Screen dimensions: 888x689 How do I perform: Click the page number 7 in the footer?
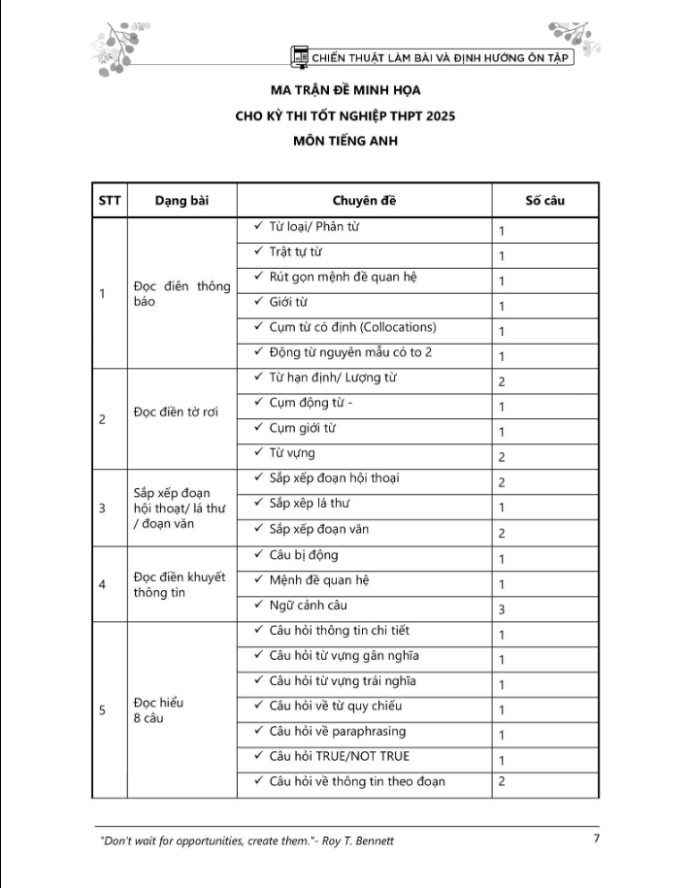pos(597,838)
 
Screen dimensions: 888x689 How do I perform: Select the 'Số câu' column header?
pos(544,201)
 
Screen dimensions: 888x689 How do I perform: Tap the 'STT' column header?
pos(109,201)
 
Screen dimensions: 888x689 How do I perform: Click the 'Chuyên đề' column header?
pos(364,201)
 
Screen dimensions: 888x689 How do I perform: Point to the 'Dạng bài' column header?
pos(181,201)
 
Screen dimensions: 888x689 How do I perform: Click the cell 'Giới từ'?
pos(288,302)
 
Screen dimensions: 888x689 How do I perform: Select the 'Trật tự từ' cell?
pos(295,252)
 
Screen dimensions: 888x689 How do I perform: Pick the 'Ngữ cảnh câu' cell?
pos(308,606)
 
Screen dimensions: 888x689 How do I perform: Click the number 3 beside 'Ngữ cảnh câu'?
pos(502,609)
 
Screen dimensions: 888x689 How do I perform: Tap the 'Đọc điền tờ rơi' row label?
pos(176,411)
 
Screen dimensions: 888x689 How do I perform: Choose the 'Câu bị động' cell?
pos(303,555)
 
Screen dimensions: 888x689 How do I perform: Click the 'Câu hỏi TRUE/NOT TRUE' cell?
pos(339,756)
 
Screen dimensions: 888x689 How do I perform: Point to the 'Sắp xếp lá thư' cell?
pos(309,503)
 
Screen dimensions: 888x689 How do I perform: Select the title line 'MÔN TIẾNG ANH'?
pos(344,140)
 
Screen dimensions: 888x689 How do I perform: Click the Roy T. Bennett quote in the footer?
pos(247,840)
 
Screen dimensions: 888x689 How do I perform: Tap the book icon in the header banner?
pos(301,56)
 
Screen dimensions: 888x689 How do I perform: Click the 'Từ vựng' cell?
pos(291,452)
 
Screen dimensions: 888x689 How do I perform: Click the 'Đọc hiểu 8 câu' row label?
pos(158,710)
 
